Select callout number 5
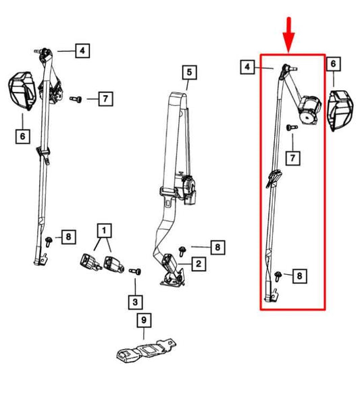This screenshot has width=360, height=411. pyautogui.click(x=188, y=72)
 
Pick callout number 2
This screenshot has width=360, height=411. pyautogui.click(x=199, y=263)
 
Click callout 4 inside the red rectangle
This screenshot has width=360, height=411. pyautogui.click(x=248, y=67)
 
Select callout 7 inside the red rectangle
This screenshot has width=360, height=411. pyautogui.click(x=292, y=159)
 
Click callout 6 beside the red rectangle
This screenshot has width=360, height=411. pyautogui.click(x=333, y=65)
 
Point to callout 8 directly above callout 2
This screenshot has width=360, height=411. pyautogui.click(x=216, y=248)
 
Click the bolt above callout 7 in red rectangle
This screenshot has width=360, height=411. pyautogui.click(x=289, y=128)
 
